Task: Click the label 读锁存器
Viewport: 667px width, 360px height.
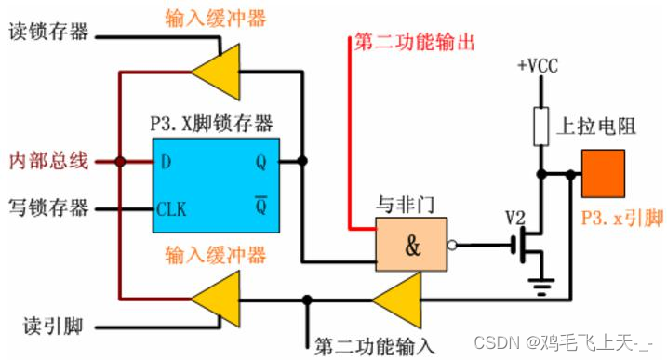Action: pyautogui.click(x=48, y=33)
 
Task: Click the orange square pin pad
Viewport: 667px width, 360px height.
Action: pyautogui.click(x=604, y=174)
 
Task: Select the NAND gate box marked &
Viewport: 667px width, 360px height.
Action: pyautogui.click(x=410, y=245)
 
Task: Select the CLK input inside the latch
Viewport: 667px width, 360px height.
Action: pyautogui.click(x=172, y=208)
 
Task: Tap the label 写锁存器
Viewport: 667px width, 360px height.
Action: pyautogui.click(x=48, y=207)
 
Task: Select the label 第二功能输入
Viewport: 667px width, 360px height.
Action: pyautogui.click(x=374, y=345)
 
